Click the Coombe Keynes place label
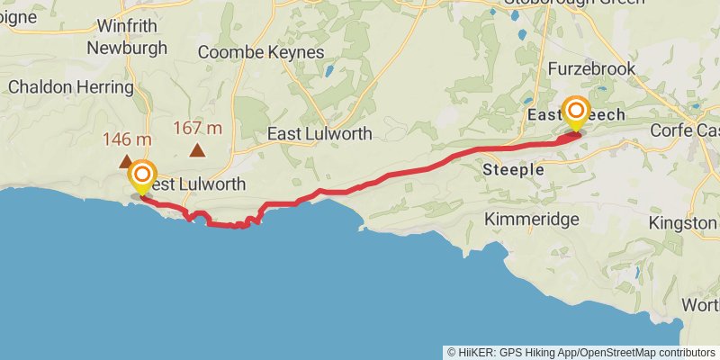coord(260,53)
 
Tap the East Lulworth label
coord(319,133)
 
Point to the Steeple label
coord(513,169)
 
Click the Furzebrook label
coord(592,68)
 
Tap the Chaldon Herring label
coord(70,87)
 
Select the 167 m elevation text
coord(197,128)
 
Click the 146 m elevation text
coord(127,139)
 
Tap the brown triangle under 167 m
coord(197,150)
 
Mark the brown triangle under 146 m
coord(126,162)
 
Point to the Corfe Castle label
coord(689,130)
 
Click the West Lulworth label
coord(193,184)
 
